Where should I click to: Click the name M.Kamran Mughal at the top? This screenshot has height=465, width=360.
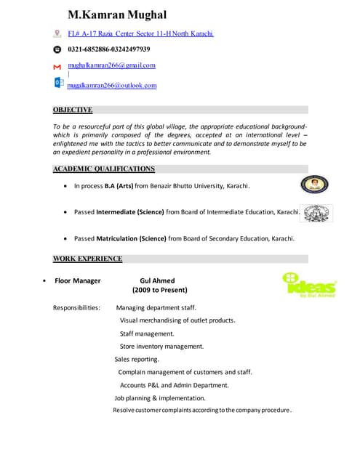(117, 15)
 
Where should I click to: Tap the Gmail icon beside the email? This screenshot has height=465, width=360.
(57, 66)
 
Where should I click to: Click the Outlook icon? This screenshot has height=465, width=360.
(58, 83)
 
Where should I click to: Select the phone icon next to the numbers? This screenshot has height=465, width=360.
(57, 49)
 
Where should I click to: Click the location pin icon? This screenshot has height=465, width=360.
(57, 33)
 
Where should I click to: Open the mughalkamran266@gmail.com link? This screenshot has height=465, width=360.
(112, 65)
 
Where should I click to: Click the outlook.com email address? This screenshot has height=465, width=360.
(112, 86)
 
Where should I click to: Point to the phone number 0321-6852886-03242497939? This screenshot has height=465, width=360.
(109, 49)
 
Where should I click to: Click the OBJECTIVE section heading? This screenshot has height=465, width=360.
(73, 110)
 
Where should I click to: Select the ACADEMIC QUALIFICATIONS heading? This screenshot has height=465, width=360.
(104, 169)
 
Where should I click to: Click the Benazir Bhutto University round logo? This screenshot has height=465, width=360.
(314, 185)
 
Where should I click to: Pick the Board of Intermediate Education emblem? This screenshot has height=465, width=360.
(316, 212)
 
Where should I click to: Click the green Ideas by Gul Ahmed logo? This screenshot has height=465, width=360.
(308, 285)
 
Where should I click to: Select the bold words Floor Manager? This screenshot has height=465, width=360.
(78, 281)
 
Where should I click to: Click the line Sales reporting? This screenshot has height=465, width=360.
(137, 359)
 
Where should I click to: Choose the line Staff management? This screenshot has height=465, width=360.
(147, 333)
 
